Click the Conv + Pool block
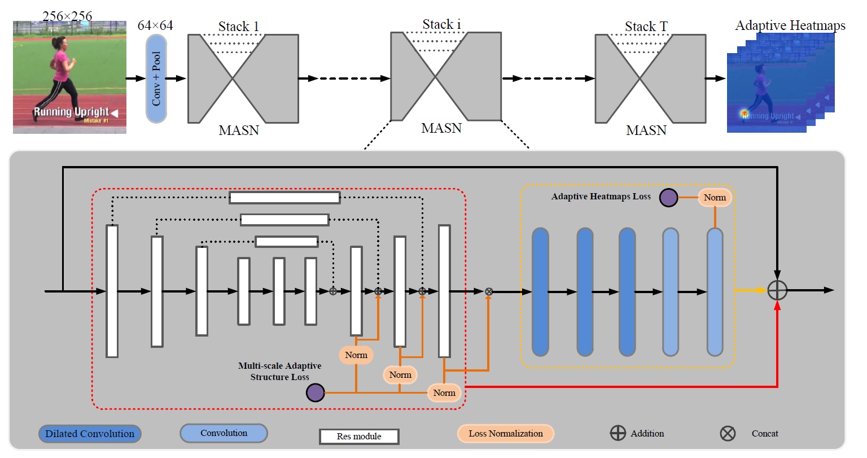(x=156, y=78)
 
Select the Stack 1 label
(x=238, y=27)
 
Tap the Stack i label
(x=441, y=24)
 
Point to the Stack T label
(x=646, y=27)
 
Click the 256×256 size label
(x=67, y=16)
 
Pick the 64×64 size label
(x=155, y=25)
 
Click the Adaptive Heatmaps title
(x=790, y=25)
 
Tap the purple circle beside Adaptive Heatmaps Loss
(x=669, y=198)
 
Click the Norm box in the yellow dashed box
(x=715, y=198)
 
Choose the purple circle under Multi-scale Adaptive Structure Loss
(x=315, y=392)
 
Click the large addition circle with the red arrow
(x=777, y=290)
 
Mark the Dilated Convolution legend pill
(x=90, y=434)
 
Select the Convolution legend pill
(x=224, y=433)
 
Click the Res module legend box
(x=359, y=437)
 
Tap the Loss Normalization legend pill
(x=505, y=434)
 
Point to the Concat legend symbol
(x=728, y=434)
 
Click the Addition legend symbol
(x=618, y=433)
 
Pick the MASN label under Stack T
(x=646, y=130)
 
